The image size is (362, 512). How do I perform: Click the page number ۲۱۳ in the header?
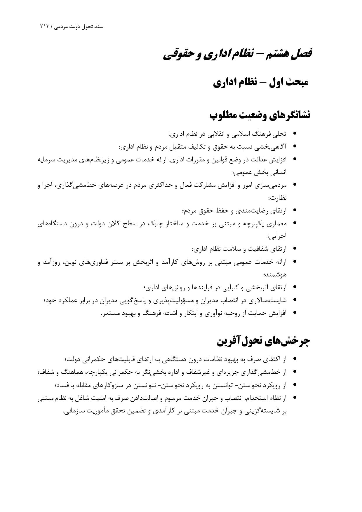coord(45,27)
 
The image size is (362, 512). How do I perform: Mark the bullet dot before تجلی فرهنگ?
coord(295,134)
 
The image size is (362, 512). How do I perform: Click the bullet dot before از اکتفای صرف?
coord(295,358)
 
